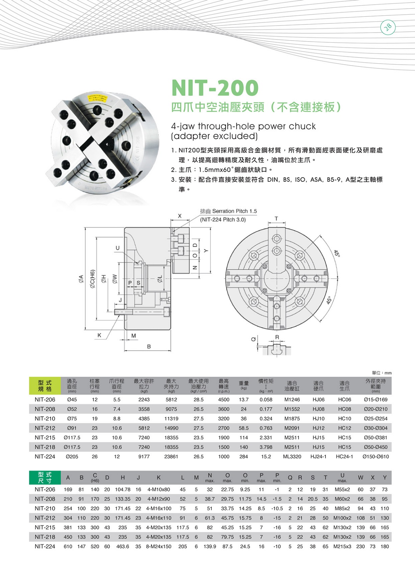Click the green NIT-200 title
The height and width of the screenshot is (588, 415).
(x=215, y=88)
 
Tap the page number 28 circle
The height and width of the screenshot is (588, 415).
(x=388, y=27)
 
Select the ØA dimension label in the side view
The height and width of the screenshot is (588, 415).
(x=81, y=278)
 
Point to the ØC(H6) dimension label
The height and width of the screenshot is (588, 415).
(x=92, y=279)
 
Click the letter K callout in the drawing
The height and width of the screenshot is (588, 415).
(x=99, y=335)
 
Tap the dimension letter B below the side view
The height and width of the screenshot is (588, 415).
(x=149, y=346)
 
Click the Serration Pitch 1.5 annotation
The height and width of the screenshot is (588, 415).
(x=228, y=211)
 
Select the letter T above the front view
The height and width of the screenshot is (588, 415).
(x=276, y=219)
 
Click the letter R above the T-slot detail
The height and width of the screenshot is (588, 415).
(x=277, y=337)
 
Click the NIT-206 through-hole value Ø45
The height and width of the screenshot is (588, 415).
(x=72, y=400)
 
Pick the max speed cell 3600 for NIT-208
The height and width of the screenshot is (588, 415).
(x=224, y=409)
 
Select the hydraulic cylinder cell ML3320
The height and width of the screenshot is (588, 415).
(x=292, y=457)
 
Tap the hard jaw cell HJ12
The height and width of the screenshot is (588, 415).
(x=319, y=428)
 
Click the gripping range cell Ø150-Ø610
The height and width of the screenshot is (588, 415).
(x=375, y=457)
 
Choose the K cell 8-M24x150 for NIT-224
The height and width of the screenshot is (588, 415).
(x=159, y=546)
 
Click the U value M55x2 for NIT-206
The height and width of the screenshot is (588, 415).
(x=342, y=489)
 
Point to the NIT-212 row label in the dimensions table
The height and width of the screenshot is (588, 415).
(x=45, y=518)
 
